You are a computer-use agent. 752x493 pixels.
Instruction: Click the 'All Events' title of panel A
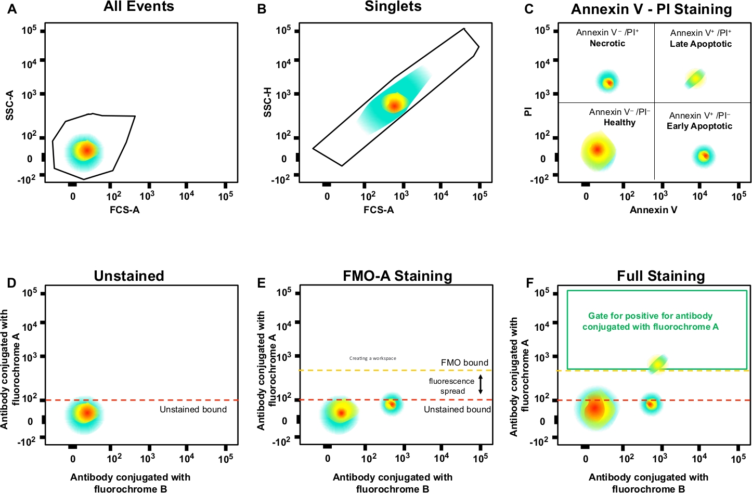tap(139, 7)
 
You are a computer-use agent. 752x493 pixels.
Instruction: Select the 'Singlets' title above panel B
tap(393, 7)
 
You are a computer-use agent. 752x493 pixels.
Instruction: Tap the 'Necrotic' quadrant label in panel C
tap(607, 44)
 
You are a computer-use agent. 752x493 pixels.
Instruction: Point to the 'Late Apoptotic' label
tap(701, 44)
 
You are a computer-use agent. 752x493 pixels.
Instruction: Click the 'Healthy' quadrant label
tap(619, 123)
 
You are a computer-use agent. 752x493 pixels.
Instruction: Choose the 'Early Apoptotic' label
tap(699, 126)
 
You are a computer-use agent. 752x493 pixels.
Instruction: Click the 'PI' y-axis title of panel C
tap(528, 111)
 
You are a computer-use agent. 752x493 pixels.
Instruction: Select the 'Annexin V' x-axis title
tap(653, 210)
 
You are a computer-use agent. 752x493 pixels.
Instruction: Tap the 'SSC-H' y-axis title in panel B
tap(268, 102)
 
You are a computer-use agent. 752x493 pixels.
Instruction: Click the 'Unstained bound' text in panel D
tap(193, 410)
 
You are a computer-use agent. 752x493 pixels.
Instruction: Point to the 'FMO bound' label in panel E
tap(464, 363)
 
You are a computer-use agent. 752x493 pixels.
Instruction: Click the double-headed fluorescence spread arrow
tap(481, 384)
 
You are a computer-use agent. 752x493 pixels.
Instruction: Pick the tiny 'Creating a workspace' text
tap(372, 358)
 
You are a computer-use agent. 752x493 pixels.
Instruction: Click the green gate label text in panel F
tap(650, 321)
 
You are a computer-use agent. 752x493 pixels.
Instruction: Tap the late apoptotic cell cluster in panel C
tap(695, 79)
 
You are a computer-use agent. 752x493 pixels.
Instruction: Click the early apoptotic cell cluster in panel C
tap(704, 155)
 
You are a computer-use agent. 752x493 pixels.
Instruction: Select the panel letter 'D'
tap(11, 283)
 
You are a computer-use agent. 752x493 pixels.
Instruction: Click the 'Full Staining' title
tap(660, 276)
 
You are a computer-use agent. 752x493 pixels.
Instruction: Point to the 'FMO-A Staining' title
tap(397, 276)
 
